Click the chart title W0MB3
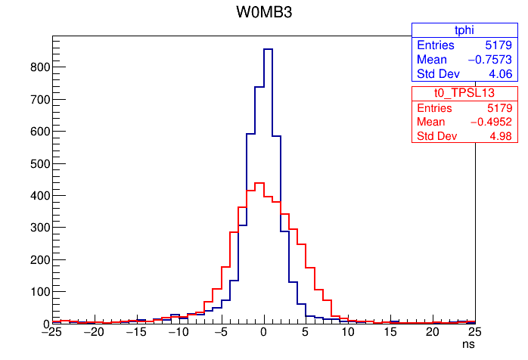point(263,13)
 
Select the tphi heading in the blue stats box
point(443,29)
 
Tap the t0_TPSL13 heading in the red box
point(443,92)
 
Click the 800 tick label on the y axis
point(39,67)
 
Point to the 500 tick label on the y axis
point(39,163)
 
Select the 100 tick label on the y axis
point(39,292)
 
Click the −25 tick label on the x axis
point(52,332)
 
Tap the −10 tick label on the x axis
point(179,332)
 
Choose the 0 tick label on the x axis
point(263,332)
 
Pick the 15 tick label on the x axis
point(390,332)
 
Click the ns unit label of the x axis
point(469,344)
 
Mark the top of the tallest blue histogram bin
point(268,49)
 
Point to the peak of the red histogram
point(259,182)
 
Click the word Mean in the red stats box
point(431,122)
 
